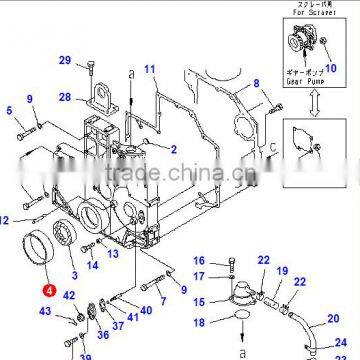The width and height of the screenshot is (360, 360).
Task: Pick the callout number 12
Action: [x=5, y=219]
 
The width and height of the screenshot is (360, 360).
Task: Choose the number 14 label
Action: [x=92, y=267]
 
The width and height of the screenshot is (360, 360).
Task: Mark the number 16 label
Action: [x=200, y=261]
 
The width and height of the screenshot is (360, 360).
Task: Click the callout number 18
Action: [x=199, y=323]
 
